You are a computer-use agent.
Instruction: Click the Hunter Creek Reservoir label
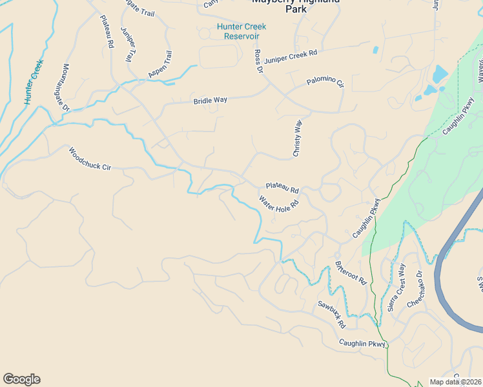tap(241, 31)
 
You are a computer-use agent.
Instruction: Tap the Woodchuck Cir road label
tap(90, 159)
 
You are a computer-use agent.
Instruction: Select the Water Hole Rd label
tap(279, 205)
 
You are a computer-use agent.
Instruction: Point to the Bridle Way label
tap(211, 101)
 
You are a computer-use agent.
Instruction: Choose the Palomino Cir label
tap(325, 82)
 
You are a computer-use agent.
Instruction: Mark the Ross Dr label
tap(258, 61)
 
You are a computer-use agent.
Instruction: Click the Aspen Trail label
tap(159, 64)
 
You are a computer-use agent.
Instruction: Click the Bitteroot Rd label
tap(351, 273)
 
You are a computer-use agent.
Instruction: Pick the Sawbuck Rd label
tap(331, 313)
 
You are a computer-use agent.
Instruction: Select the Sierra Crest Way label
tap(396, 288)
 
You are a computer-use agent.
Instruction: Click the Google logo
tap(21, 379)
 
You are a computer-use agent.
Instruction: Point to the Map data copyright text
tap(456, 382)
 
